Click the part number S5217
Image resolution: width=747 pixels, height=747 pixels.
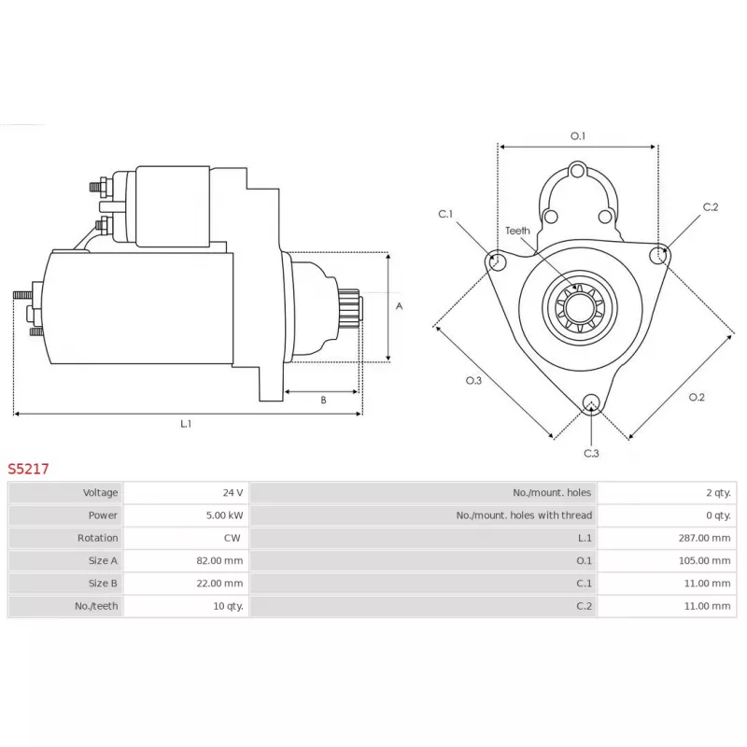point(29,469)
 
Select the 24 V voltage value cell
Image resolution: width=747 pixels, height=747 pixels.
point(233,492)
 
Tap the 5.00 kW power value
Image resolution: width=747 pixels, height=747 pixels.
point(224,514)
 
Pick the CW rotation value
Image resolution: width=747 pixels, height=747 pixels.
point(234,538)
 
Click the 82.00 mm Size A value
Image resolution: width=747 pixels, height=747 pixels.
point(221,560)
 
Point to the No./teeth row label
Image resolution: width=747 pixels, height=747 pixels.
point(97,606)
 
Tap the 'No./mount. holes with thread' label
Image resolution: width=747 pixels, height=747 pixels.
point(524,514)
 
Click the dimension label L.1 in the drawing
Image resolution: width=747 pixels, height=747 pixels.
point(186,423)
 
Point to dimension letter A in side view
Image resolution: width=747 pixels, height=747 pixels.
point(399,306)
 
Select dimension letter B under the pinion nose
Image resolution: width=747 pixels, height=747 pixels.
point(323,400)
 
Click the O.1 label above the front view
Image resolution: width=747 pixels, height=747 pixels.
point(578,136)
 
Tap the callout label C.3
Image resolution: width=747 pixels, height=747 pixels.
point(591,453)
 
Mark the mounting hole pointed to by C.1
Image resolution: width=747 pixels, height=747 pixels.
point(498,262)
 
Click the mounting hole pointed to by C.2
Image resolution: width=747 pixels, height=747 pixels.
point(659,253)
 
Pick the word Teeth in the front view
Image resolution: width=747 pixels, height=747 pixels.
point(517,231)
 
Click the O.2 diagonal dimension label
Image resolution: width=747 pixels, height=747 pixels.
point(697,397)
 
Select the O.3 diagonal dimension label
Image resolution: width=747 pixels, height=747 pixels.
point(473,380)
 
